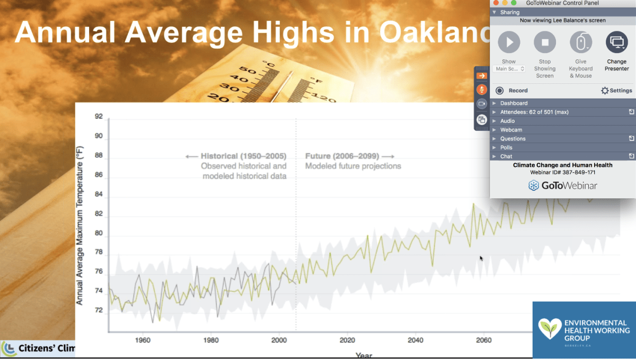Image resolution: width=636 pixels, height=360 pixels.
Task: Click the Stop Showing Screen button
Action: click(x=545, y=42)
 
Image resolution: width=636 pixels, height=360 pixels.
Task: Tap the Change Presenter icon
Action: click(x=616, y=42)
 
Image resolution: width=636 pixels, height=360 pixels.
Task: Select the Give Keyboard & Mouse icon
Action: click(x=581, y=42)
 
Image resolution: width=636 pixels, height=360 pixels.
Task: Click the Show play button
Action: click(x=509, y=42)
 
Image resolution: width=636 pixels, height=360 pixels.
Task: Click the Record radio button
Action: click(x=499, y=91)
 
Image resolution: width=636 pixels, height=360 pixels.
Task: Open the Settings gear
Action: click(x=605, y=91)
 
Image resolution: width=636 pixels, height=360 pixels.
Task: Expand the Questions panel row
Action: click(x=513, y=138)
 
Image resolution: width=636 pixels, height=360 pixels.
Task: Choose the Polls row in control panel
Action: click(x=506, y=147)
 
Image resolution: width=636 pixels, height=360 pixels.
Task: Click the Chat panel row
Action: click(x=506, y=156)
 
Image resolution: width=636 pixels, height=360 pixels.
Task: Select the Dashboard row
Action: click(x=514, y=103)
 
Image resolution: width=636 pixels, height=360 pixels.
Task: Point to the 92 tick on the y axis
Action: click(x=99, y=117)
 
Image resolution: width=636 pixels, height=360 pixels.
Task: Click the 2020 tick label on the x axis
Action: click(x=347, y=340)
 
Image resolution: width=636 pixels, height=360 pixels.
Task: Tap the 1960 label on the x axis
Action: click(x=142, y=340)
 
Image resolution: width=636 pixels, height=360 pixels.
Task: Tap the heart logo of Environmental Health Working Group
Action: click(x=550, y=328)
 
